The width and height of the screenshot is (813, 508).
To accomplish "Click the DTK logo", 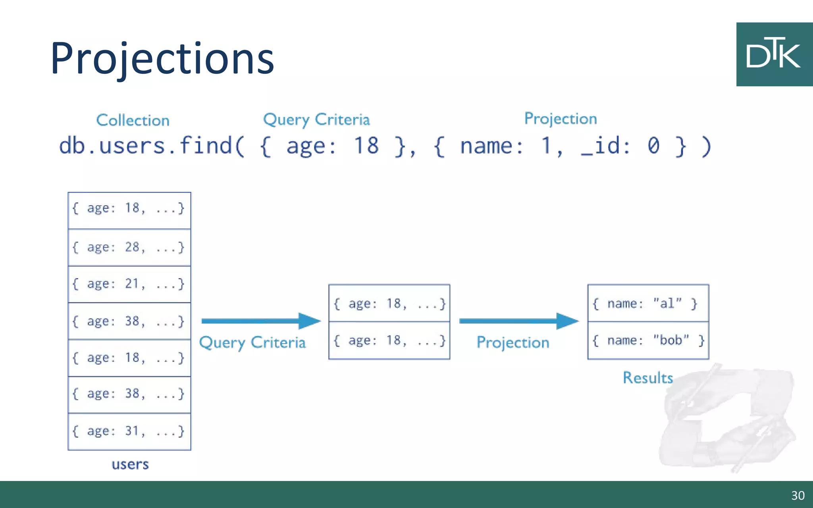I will [x=774, y=54].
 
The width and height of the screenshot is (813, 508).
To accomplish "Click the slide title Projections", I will [x=162, y=59].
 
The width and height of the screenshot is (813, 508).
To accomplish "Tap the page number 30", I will [x=798, y=495].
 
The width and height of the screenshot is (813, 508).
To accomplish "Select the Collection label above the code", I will [x=133, y=120].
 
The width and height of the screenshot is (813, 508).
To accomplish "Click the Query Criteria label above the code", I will [x=316, y=119].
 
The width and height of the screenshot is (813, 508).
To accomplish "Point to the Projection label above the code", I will [x=560, y=119].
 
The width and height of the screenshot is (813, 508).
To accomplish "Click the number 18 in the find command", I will [x=366, y=146].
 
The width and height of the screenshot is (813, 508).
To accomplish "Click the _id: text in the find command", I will [x=605, y=146].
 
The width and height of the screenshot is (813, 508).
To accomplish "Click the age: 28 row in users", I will [x=129, y=247].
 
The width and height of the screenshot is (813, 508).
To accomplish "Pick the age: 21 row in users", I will [x=129, y=284].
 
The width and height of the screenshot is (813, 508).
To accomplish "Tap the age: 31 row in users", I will [x=129, y=431].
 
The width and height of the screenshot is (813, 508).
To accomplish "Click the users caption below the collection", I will [x=130, y=464].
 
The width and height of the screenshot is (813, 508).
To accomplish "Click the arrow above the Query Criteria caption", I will [x=260, y=321].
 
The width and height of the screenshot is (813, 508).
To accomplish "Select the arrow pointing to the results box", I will [x=518, y=321].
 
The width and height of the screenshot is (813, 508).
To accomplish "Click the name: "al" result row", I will [x=648, y=303].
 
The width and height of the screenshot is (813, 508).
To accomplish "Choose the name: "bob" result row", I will [x=648, y=340].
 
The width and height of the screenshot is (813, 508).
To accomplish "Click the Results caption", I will [x=647, y=377].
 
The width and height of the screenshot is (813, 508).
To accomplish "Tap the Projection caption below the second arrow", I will [x=512, y=342].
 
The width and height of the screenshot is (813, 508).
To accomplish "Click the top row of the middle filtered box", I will [x=389, y=303].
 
